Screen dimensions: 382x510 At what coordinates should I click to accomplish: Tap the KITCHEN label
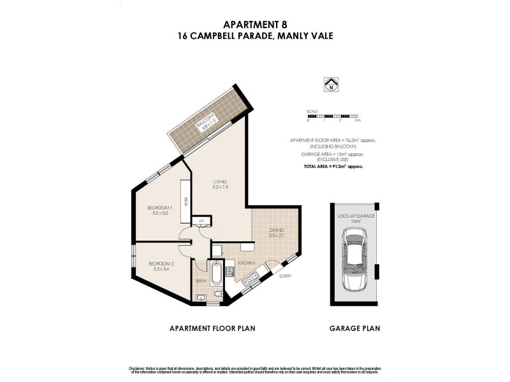coord(247,263)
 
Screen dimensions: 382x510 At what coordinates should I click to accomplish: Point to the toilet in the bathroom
coord(218,294)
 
